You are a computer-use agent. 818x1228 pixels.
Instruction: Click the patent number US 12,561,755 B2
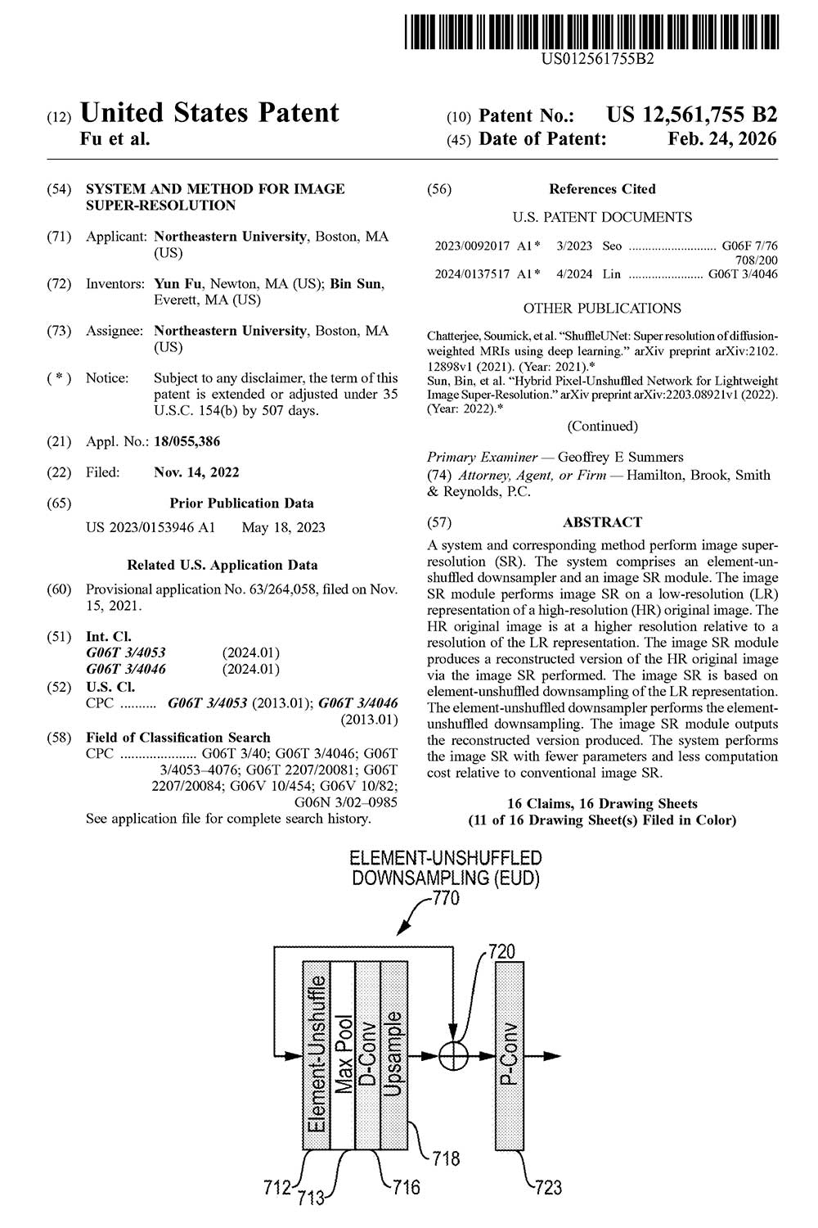click(691, 115)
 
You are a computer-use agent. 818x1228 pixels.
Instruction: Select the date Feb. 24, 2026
click(722, 138)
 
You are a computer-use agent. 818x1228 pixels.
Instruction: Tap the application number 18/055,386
click(187, 441)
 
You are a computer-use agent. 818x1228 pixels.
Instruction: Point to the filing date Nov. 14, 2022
click(196, 472)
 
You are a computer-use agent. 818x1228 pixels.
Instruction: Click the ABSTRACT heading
click(602, 521)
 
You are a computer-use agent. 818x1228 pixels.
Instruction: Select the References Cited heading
click(602, 188)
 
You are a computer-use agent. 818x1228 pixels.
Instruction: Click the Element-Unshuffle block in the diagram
click(316, 1056)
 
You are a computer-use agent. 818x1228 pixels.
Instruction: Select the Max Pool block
click(342, 1056)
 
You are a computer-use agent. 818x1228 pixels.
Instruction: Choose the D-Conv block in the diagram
click(368, 1056)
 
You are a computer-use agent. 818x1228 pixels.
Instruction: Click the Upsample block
click(393, 1056)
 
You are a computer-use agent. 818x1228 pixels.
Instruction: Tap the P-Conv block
click(509, 1056)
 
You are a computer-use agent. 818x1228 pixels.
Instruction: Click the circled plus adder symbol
click(454, 1055)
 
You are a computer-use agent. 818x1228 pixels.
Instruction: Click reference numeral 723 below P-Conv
click(549, 1186)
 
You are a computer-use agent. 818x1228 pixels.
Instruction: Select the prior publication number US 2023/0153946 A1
click(151, 527)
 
